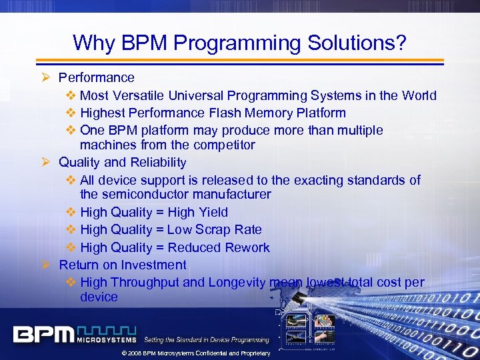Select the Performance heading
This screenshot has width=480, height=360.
tap(97, 78)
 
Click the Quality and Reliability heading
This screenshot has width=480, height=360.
tap(122, 162)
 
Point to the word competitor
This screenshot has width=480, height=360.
tap(224, 145)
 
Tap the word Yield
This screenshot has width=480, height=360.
tap(213, 212)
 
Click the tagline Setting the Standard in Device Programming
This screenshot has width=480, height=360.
tap(207, 339)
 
